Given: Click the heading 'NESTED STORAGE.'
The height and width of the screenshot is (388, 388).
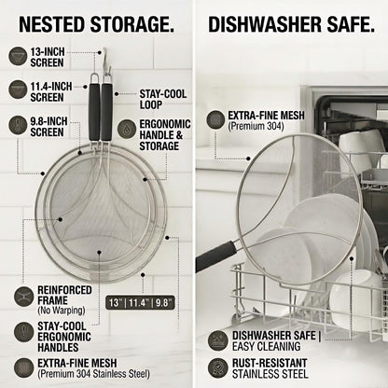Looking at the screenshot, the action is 96,24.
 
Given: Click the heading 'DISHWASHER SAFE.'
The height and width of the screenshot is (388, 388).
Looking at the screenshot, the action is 291,24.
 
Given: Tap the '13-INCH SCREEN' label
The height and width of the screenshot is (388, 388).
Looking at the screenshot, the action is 48,57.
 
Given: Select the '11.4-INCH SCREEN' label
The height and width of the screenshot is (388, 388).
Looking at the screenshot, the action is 51,91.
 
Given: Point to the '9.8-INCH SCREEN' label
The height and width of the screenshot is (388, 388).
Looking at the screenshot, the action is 48,127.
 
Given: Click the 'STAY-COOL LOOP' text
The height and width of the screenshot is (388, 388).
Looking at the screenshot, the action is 163,99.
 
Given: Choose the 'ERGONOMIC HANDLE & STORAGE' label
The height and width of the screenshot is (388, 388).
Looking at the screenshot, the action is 165,135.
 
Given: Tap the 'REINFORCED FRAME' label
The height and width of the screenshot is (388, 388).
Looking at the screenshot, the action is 64,295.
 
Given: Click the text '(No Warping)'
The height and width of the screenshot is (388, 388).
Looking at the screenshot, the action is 62,311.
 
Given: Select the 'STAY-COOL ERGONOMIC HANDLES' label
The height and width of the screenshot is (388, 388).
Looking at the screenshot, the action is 64,337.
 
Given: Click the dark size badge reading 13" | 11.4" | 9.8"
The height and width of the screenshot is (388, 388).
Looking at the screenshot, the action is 140,302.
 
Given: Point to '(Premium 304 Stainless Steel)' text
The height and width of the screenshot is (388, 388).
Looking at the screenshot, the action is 93,374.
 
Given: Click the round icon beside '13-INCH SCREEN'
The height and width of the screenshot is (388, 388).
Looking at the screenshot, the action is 18,56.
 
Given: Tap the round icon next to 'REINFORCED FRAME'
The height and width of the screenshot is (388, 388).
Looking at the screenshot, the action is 23,296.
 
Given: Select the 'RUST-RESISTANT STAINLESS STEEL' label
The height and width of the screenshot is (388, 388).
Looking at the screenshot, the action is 270,368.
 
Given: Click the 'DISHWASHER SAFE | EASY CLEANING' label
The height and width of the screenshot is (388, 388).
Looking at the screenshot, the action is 277,340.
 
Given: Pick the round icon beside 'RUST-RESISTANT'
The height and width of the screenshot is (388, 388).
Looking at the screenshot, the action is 218,368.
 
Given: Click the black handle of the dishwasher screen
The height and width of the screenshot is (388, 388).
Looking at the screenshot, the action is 215,256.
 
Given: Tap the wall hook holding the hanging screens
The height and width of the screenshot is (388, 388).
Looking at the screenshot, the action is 106,61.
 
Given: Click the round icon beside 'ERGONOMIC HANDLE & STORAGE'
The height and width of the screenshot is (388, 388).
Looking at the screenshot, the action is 127,129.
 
